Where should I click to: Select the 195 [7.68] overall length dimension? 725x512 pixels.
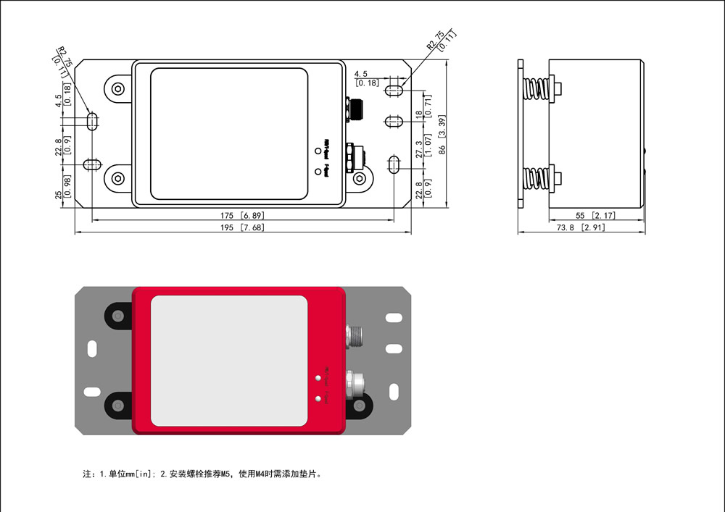[x=243, y=227]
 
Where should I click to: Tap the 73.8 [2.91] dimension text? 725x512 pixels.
[x=580, y=227]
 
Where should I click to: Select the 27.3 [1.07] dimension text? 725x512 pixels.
[x=423, y=144]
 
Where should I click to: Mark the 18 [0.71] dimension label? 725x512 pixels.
[x=423, y=109]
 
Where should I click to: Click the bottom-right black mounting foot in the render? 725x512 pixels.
[x=357, y=406]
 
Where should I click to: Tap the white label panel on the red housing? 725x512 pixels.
[x=228, y=360]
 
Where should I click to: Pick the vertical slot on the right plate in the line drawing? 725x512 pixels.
[x=394, y=164]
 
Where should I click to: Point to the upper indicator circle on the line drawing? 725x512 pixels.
[x=318, y=151]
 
